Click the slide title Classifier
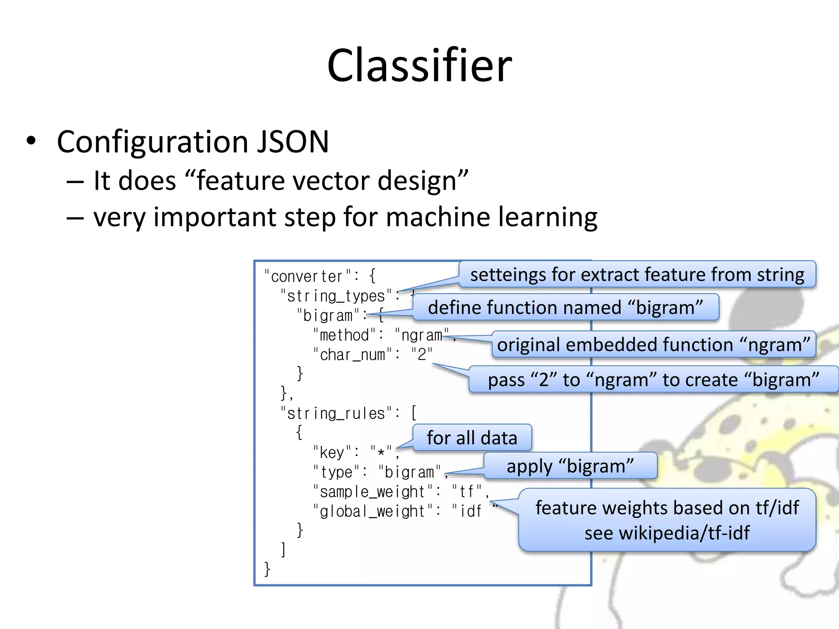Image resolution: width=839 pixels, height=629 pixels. [x=419, y=66]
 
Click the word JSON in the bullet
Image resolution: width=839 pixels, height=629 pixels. [x=293, y=142]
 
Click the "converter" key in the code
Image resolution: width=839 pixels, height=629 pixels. [x=307, y=276]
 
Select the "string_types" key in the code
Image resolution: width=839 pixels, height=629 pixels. [x=336, y=296]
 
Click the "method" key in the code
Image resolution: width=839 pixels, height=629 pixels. [x=344, y=335]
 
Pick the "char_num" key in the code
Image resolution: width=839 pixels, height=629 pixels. [x=352, y=355]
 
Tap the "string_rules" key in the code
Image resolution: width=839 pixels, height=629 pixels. [x=336, y=414]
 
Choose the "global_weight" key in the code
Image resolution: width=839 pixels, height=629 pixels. [x=373, y=511]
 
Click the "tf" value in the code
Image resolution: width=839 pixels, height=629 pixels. [x=467, y=491]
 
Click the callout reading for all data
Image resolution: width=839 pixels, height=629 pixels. [x=472, y=438]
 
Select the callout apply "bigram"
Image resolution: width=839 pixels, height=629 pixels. [x=570, y=466]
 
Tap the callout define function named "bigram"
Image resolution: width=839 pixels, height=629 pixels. [x=565, y=308]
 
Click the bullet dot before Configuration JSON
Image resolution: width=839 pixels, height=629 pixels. [x=31, y=141]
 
